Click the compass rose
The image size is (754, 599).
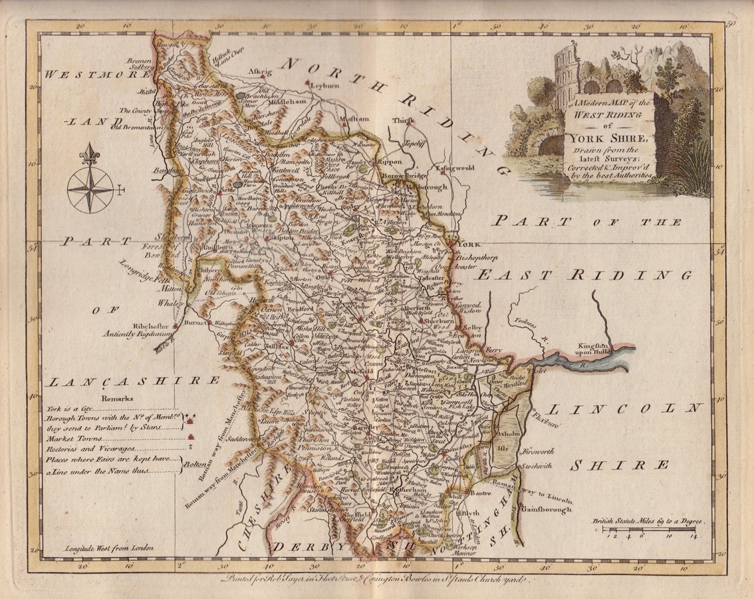[x=90, y=188]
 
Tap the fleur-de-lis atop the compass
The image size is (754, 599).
[x=89, y=154]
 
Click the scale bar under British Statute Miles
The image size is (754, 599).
[x=648, y=530]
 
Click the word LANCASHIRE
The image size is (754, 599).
[x=133, y=381]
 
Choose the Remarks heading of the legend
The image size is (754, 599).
[x=117, y=399]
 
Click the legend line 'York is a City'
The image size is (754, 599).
[x=70, y=409]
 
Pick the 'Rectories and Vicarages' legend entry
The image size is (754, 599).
[x=86, y=450]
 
